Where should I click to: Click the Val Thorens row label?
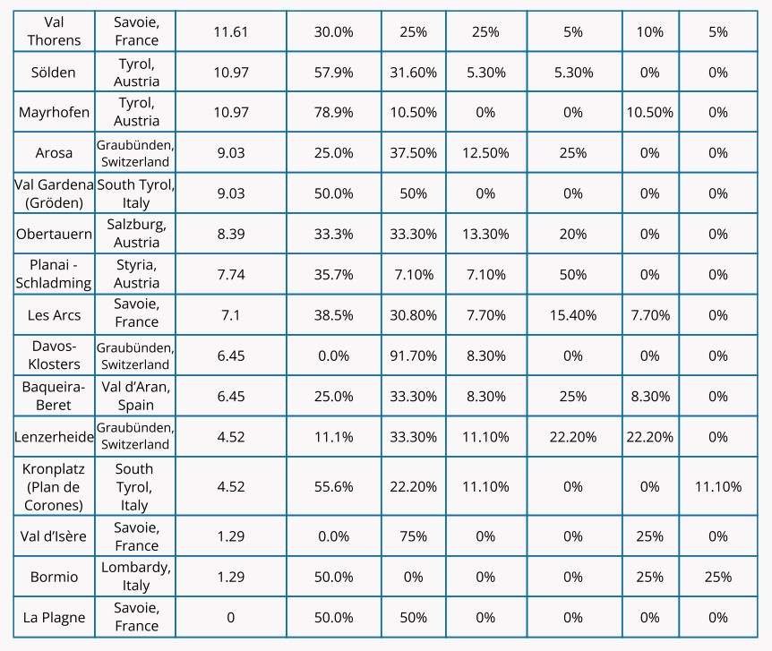point(54,31)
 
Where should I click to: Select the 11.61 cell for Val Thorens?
point(231,31)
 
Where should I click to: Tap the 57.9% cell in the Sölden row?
point(333,72)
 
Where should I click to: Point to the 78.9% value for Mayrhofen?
point(333,112)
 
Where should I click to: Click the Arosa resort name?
point(54,152)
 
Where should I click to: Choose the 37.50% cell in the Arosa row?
point(414,152)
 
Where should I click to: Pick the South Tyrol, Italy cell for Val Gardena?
point(136,193)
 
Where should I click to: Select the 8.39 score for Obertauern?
point(231,234)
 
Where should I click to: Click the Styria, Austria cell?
point(136,273)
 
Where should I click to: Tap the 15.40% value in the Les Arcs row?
point(574,313)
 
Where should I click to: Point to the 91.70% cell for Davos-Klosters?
point(414,355)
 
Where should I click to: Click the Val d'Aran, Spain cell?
point(136,396)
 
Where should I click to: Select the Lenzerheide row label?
point(54,437)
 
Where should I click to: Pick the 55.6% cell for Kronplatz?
point(333,486)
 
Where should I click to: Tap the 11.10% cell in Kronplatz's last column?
point(717,486)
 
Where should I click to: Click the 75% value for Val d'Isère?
point(414,536)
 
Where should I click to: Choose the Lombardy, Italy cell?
point(136,577)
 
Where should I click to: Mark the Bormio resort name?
point(54,577)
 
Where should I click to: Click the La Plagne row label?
point(54,617)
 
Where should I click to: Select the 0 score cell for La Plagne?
point(231,617)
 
